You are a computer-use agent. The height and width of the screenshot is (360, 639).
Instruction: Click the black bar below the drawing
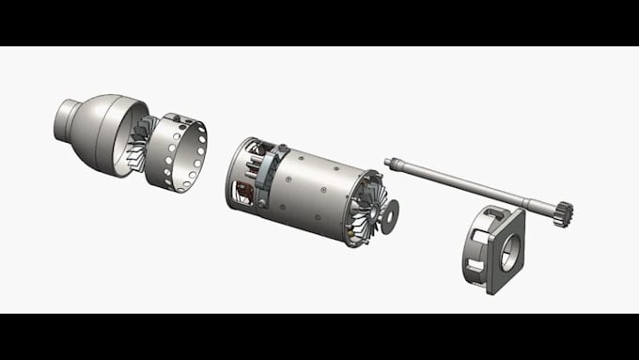(319, 337)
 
